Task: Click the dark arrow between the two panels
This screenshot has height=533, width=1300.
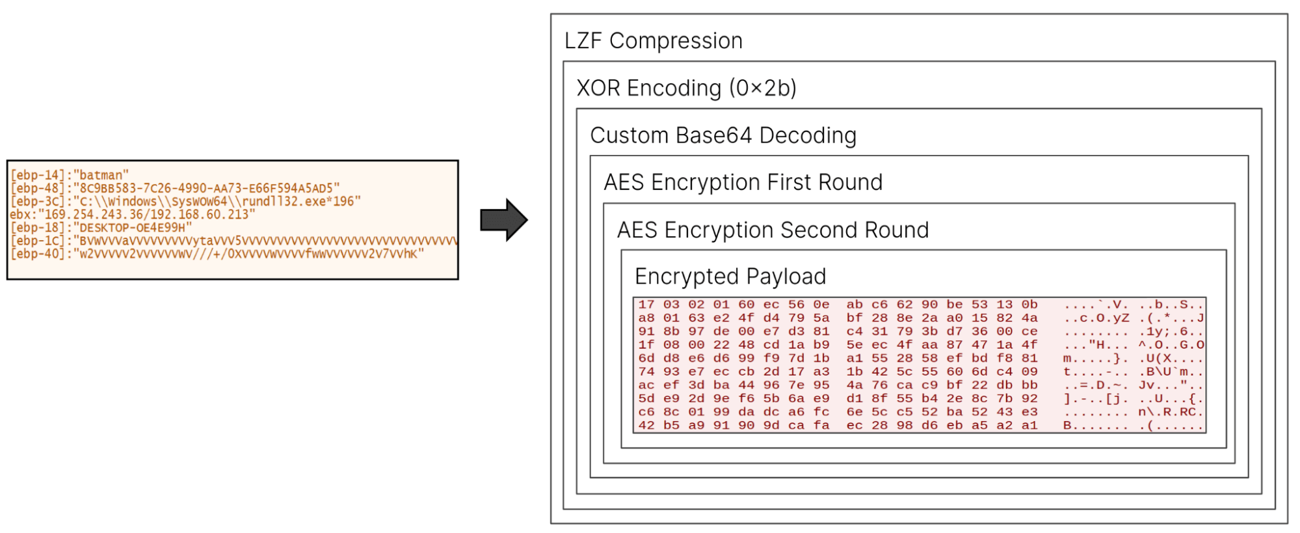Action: click(x=504, y=220)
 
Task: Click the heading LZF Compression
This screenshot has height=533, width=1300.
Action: click(x=654, y=41)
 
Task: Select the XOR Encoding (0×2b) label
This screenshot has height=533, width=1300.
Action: click(x=687, y=88)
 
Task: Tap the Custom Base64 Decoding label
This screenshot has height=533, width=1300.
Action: click(x=723, y=135)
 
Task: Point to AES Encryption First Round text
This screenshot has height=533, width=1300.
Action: click(x=743, y=182)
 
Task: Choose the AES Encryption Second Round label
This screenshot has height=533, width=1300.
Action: click(x=773, y=230)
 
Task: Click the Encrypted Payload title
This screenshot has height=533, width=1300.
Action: click(x=730, y=277)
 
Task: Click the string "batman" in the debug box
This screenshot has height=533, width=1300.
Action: click(x=101, y=175)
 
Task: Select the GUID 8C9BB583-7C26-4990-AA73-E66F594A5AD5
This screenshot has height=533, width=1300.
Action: click(x=206, y=188)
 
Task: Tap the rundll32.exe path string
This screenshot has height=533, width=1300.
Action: click(x=217, y=201)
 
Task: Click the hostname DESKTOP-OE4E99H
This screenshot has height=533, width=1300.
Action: click(x=133, y=227)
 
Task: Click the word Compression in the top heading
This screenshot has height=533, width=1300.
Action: click(x=676, y=41)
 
